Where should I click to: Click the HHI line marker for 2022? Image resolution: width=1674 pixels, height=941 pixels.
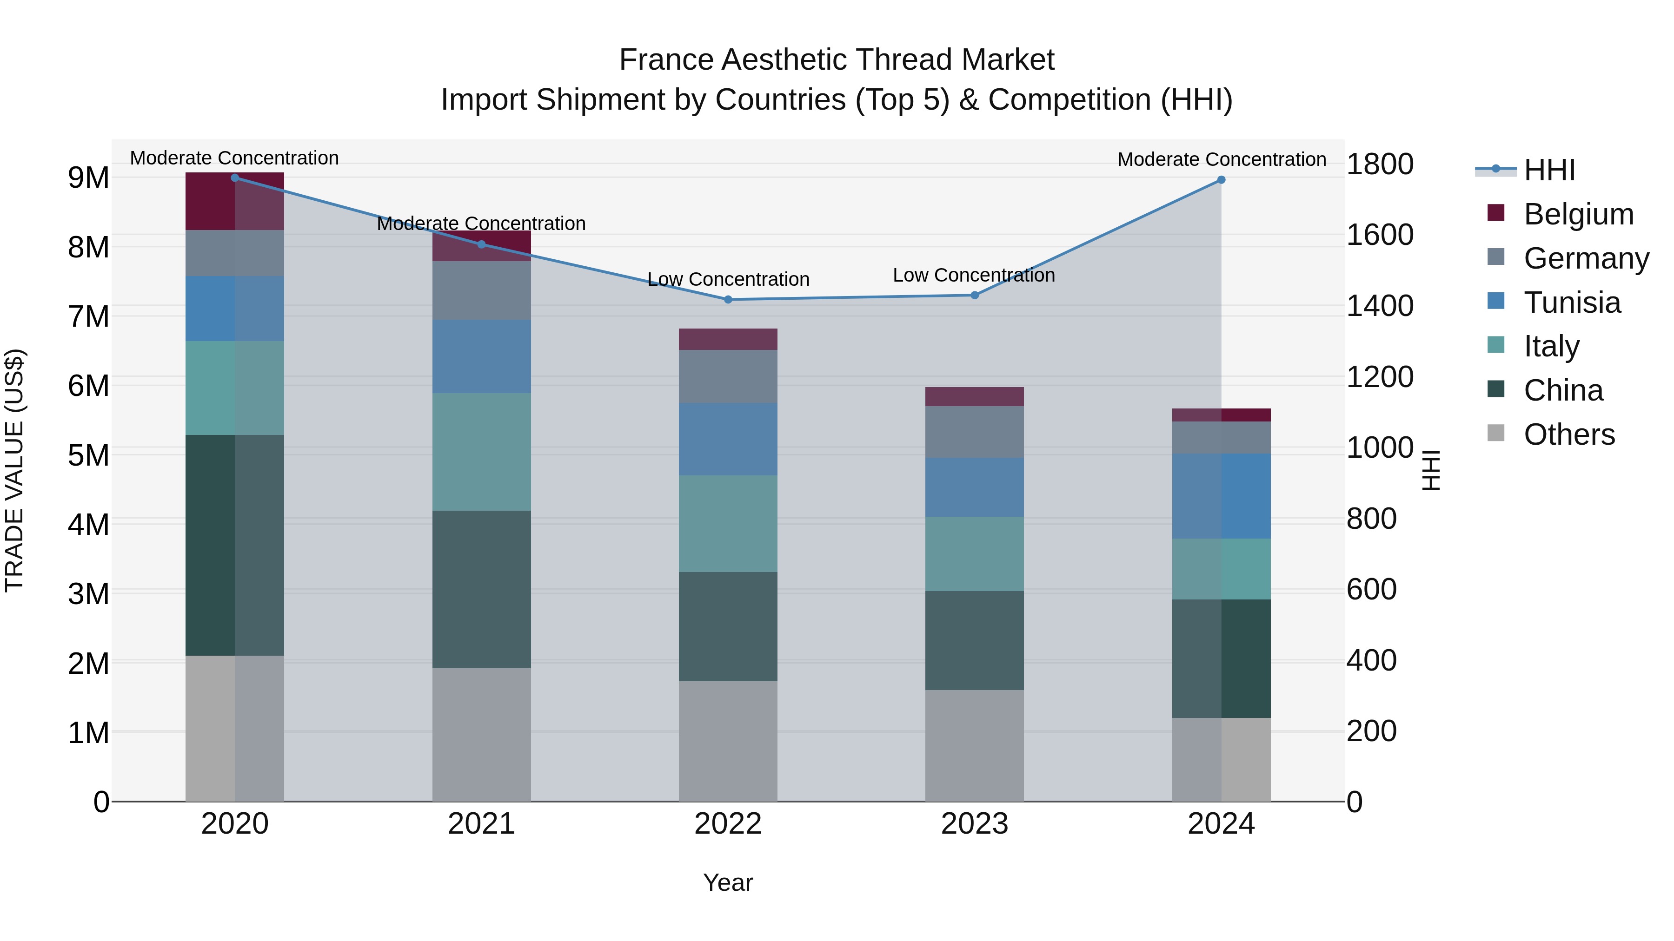click(728, 299)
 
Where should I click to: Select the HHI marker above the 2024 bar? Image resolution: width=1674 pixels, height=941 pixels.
click(1221, 180)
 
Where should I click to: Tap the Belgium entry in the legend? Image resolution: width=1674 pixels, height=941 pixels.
click(1578, 214)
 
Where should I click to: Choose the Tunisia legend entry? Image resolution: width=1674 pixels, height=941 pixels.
click(1571, 303)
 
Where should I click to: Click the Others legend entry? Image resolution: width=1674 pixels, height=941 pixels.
click(1569, 434)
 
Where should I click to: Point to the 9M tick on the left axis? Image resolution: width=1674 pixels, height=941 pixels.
click(88, 178)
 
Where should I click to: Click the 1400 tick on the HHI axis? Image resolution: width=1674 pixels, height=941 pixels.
click(1379, 306)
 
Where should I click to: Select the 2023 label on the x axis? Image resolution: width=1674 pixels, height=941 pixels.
click(974, 824)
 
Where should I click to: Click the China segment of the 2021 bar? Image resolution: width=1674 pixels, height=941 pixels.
click(482, 589)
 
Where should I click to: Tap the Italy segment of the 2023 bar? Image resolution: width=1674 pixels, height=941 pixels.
click(974, 553)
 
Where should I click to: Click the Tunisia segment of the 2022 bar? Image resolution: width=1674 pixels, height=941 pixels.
click(728, 439)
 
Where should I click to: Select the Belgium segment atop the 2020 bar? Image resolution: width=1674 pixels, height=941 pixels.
click(235, 201)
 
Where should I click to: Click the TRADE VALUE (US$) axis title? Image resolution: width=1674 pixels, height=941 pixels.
click(14, 470)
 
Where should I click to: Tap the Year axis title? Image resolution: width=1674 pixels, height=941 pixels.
click(728, 882)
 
